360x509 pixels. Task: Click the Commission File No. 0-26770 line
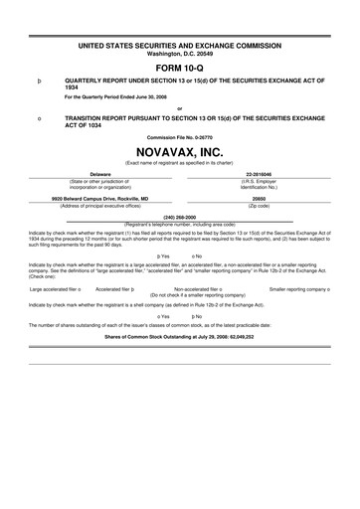point(179,136)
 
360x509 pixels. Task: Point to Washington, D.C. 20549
point(179,54)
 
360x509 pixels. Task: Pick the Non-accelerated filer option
point(204,289)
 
